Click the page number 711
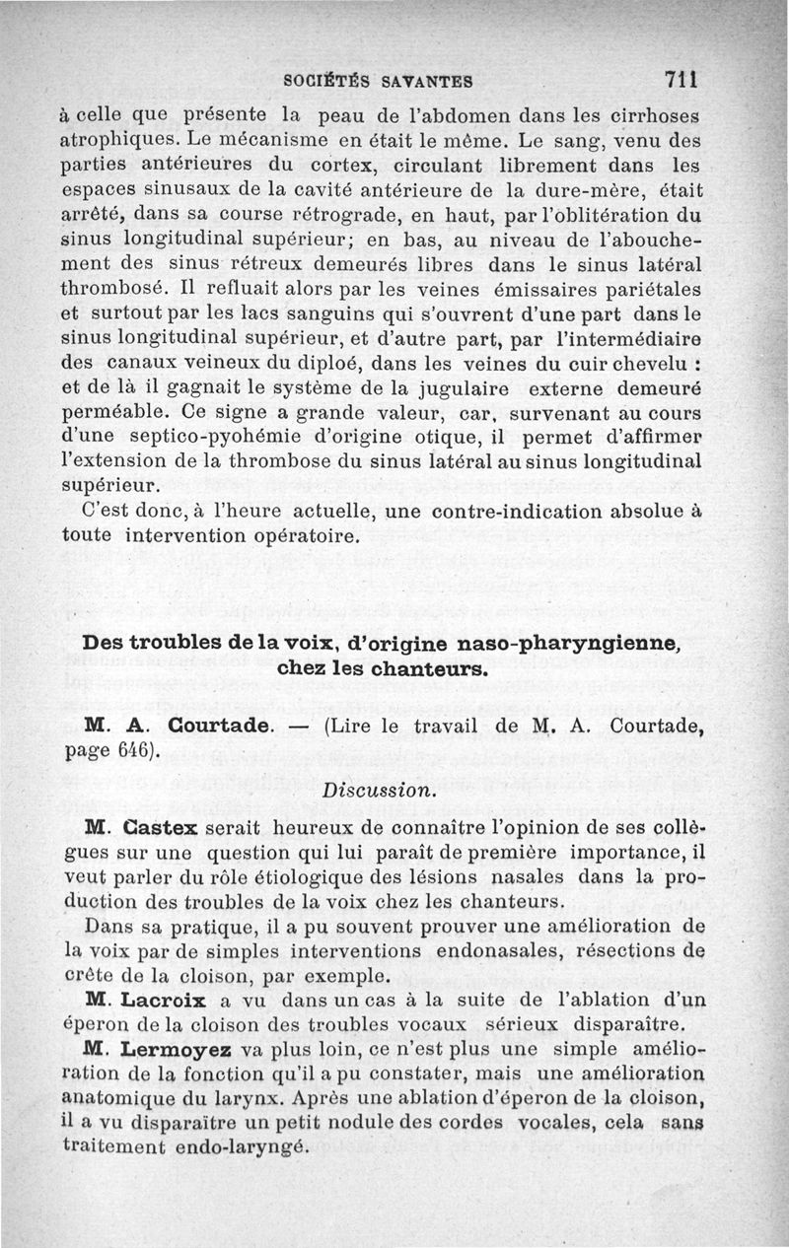(x=681, y=78)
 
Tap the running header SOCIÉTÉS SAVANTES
(x=377, y=80)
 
